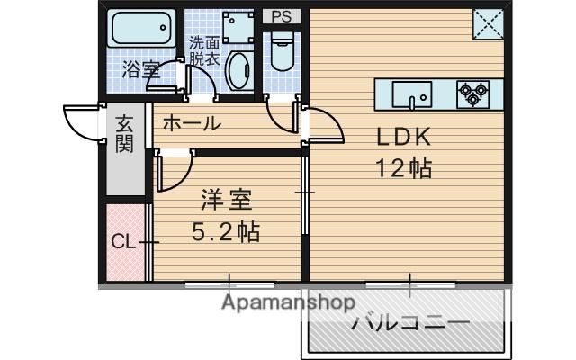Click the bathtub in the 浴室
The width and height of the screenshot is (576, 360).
click(x=141, y=28)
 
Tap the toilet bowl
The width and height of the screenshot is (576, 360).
click(x=282, y=50)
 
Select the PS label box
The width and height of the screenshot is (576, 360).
click(x=282, y=16)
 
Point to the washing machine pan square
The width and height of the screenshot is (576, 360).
click(x=238, y=28)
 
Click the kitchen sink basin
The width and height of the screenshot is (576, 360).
click(x=412, y=94)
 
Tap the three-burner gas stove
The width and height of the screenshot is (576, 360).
click(x=473, y=94)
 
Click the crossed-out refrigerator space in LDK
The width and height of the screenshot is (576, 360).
click(x=488, y=24)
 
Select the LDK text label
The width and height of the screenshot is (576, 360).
click(x=403, y=137)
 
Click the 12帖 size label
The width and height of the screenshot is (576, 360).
click(x=403, y=168)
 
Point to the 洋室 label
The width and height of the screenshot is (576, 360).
click(x=226, y=200)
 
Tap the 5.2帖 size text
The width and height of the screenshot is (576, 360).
click(x=226, y=231)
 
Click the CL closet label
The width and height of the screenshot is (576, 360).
click(x=123, y=242)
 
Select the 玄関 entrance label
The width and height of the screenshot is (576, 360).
click(x=124, y=134)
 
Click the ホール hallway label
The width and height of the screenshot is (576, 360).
click(x=192, y=123)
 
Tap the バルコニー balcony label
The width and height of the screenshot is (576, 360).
click(x=411, y=323)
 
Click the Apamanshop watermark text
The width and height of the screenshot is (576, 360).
click(x=289, y=302)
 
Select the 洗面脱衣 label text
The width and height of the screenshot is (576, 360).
click(x=204, y=51)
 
